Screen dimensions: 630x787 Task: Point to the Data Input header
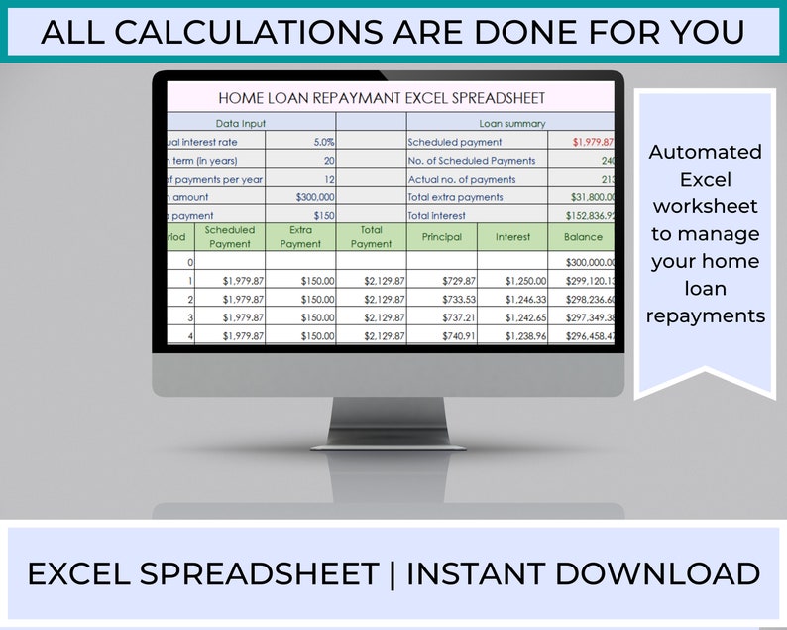(241, 124)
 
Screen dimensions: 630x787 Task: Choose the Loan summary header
(511, 124)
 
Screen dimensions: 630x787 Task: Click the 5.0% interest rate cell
(323, 142)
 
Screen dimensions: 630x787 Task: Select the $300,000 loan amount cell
(315, 197)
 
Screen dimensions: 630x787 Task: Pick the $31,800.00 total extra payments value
(592, 197)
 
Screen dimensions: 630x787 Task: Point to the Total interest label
(436, 215)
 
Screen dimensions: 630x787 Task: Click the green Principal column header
(441, 237)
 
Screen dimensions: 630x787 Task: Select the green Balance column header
(583, 237)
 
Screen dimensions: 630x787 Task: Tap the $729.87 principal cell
(456, 281)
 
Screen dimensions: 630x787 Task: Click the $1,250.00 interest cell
(525, 281)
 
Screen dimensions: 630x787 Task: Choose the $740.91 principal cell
(456, 336)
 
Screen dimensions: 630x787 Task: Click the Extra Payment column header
(301, 237)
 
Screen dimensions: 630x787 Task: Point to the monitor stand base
(387, 442)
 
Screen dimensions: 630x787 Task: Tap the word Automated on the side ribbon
(705, 152)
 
